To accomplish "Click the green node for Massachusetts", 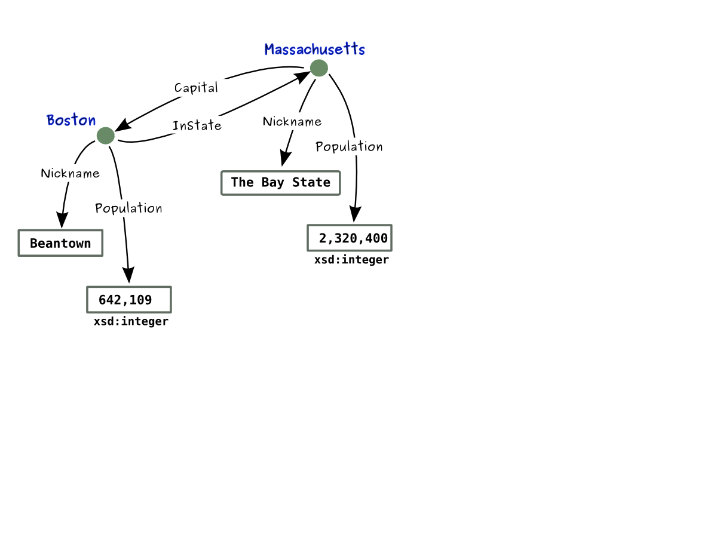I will (x=318, y=68).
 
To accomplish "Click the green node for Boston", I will (x=105, y=136).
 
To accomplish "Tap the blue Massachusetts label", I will (x=314, y=49).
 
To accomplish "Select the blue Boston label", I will (x=71, y=120).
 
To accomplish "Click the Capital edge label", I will (x=196, y=88).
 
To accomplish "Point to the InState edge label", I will (x=197, y=125).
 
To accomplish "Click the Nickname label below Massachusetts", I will (x=292, y=122).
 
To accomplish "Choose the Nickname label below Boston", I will (x=70, y=173).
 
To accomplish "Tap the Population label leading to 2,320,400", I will (x=349, y=146).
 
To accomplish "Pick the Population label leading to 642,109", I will (x=128, y=208).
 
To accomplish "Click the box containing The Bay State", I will (x=280, y=183).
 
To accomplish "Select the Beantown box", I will (x=60, y=243).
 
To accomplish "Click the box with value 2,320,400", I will (x=350, y=238).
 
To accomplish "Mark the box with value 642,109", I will (x=129, y=300).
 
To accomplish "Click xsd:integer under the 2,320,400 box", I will (x=351, y=260).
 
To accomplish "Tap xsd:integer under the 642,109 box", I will (x=131, y=322).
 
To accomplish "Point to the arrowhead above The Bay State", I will (x=285, y=158).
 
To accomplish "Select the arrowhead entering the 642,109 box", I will (x=128, y=275).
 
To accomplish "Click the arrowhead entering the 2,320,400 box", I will (x=355, y=214).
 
